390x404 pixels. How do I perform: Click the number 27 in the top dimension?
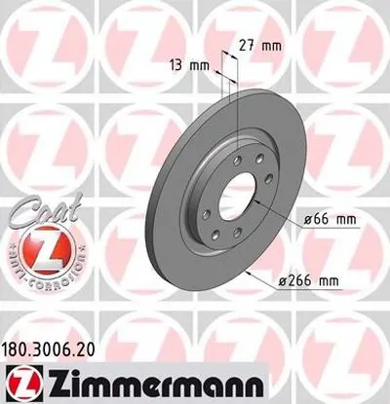point(247,44)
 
